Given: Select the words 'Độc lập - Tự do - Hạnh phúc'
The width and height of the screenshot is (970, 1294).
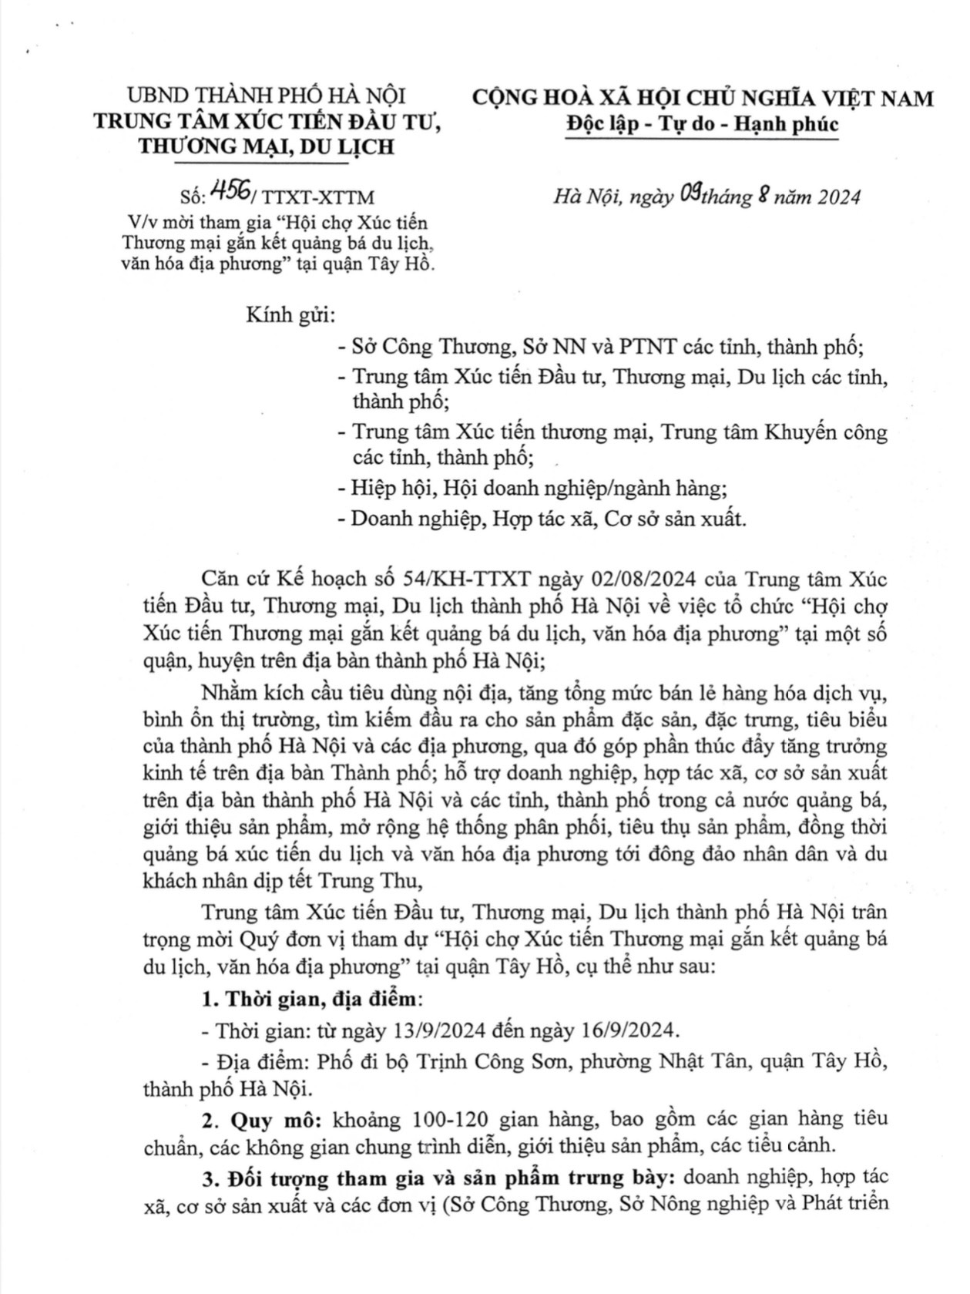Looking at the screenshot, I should pyautogui.click(x=702, y=124).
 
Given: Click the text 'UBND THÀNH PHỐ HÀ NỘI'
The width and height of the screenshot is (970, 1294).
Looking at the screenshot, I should pyautogui.click(x=266, y=96).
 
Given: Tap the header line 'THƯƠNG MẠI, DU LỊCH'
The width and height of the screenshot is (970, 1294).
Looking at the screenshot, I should pyautogui.click(x=266, y=146).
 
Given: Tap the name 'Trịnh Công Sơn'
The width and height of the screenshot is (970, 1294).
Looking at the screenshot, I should pyautogui.click(x=488, y=1061).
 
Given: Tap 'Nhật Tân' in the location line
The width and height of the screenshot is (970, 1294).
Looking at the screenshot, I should pyautogui.click(x=701, y=1061).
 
